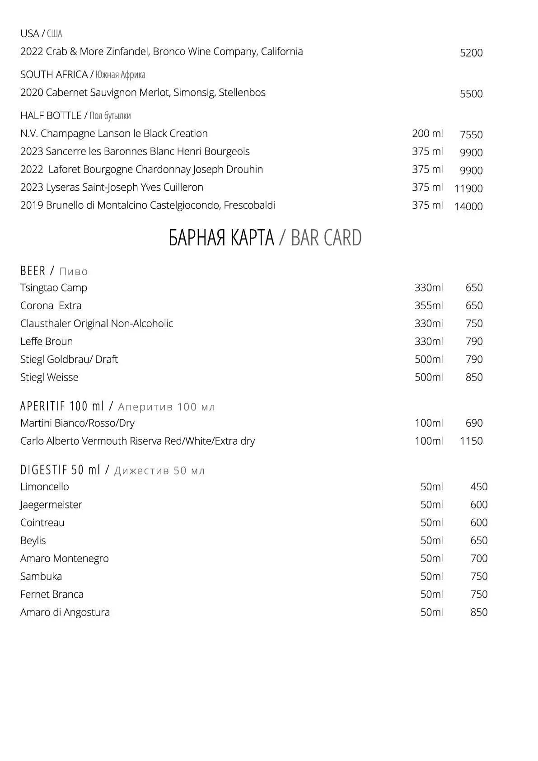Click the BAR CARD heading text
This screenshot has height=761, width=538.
[x=326, y=238]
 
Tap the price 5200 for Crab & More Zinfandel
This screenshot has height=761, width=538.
[x=471, y=53]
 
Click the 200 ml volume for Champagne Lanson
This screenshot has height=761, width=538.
[x=427, y=134]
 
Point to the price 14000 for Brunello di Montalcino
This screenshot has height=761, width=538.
[x=468, y=207]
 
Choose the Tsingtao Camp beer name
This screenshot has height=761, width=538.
[x=54, y=288]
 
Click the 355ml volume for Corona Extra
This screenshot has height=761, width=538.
[x=428, y=306]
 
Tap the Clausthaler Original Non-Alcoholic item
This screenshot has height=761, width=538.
[x=97, y=324]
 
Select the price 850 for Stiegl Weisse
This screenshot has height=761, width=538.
[x=474, y=377]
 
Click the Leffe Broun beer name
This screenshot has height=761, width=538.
[x=47, y=342]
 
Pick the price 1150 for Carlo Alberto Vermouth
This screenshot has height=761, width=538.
[x=471, y=441]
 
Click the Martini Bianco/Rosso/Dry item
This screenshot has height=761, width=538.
[x=77, y=423]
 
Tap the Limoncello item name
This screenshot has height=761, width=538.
[x=45, y=487]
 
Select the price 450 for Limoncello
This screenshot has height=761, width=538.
[x=479, y=487]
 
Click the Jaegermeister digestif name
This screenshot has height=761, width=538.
[x=51, y=505]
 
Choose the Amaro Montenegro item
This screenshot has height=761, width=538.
[x=65, y=559]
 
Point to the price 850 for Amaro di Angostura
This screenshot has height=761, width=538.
[x=479, y=612]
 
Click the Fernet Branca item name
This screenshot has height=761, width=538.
[x=52, y=594]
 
